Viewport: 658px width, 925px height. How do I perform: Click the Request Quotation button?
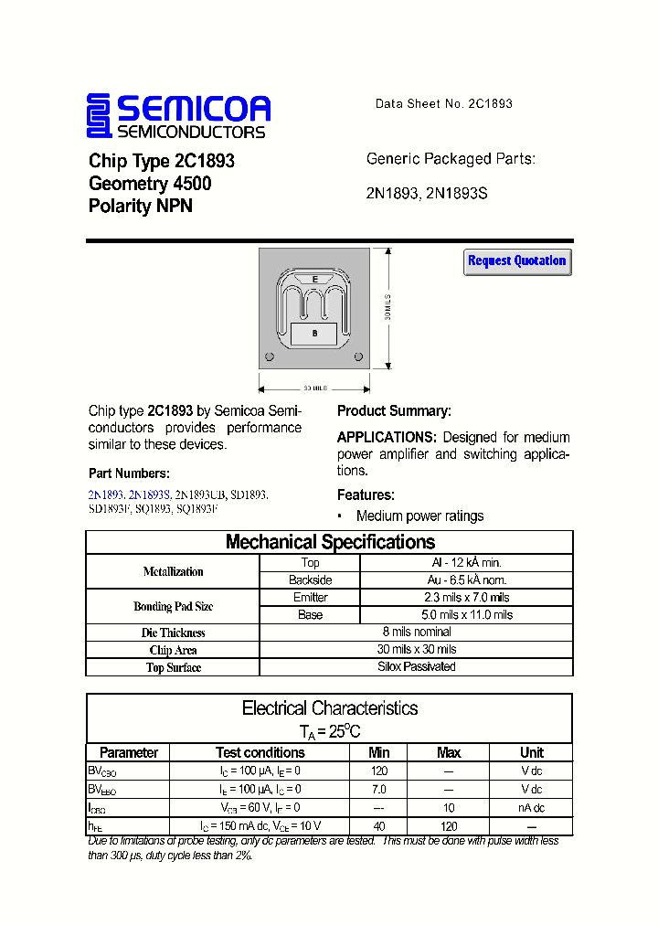[x=517, y=261]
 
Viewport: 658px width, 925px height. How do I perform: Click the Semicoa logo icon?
[x=98, y=115]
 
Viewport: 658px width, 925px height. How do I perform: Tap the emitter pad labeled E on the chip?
[x=315, y=279]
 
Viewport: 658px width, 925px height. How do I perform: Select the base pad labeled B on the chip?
[x=314, y=335]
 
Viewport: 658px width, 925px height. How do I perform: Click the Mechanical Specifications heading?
[x=329, y=542]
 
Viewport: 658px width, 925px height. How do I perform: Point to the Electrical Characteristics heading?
[x=329, y=708]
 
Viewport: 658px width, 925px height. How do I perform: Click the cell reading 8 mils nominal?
[x=416, y=632]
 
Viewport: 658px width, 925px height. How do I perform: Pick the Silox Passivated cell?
[x=416, y=666]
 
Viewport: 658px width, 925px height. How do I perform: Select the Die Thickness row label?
[x=173, y=633]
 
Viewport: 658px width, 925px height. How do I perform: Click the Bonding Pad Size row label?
[x=173, y=606]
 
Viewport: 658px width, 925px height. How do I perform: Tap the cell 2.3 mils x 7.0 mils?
[x=466, y=597]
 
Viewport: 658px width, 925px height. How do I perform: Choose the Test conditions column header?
[x=260, y=752]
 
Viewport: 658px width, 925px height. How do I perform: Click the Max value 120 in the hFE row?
[x=448, y=825]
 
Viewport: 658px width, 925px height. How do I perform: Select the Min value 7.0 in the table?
[x=378, y=788]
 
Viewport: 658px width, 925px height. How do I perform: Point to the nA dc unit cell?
[x=531, y=807]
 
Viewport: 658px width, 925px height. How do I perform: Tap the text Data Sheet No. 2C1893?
[x=443, y=103]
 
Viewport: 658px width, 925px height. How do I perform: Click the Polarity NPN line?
[x=141, y=206]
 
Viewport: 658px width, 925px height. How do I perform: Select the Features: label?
[x=366, y=494]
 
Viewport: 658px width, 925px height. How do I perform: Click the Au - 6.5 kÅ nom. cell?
[x=466, y=579]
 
